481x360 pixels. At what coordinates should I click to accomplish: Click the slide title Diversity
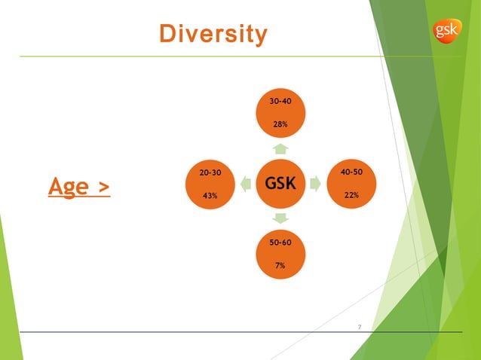coord(213,34)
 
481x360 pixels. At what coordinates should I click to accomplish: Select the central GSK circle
coord(280,183)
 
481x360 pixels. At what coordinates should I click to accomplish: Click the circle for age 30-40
coord(280,112)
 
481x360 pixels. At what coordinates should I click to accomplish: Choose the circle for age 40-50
coord(351,184)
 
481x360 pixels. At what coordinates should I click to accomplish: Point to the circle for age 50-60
coord(280,254)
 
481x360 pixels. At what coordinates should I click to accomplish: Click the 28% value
coord(280,124)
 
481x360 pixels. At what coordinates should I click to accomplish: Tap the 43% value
coord(210,196)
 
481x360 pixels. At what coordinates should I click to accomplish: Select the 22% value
coord(351,195)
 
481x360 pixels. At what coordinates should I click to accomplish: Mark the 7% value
coord(280,265)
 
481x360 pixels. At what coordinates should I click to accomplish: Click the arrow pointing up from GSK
coord(280,148)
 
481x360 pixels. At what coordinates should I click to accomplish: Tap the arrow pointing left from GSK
coord(246,183)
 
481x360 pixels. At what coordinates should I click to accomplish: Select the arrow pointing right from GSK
coord(315,183)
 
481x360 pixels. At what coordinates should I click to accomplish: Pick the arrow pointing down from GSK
coord(280,218)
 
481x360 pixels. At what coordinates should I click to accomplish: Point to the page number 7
coord(360,327)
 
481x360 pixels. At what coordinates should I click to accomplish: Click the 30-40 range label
coord(280,101)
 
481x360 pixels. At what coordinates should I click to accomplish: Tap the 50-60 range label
coord(280,243)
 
